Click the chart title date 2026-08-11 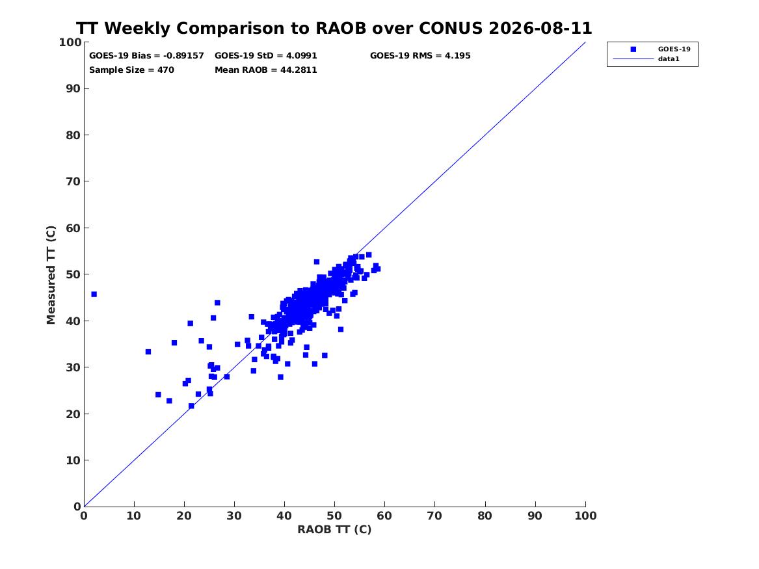pos(540,28)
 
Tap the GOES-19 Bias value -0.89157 pos(183,56)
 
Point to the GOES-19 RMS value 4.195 pos(457,56)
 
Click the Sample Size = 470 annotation pos(131,70)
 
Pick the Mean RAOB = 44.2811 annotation pos(266,70)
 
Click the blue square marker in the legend pos(633,49)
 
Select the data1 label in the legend pos(669,59)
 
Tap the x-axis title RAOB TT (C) pos(334,529)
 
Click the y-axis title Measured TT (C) pos(51,275)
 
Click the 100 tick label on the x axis pos(586,516)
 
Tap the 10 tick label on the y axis pos(73,460)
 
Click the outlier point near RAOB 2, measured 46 pos(94,294)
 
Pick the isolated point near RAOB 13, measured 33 pos(148,352)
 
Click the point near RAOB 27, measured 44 pos(217,303)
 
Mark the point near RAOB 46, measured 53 pos(317,262)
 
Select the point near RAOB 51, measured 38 pos(341,330)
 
